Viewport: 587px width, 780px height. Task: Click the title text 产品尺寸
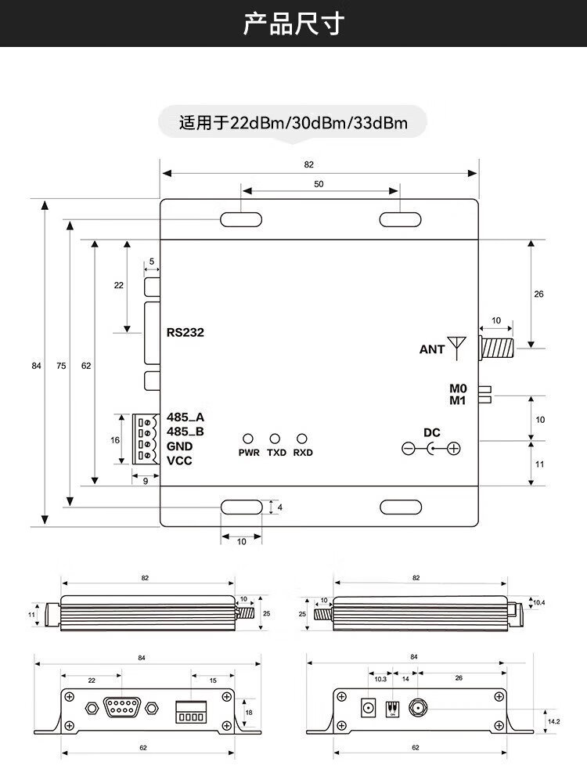[293, 23]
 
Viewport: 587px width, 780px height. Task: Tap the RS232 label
[185, 332]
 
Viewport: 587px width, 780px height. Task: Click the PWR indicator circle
[249, 439]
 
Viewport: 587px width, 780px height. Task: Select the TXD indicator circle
[275, 439]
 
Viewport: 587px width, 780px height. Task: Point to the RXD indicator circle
[302, 439]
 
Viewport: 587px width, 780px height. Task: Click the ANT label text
[431, 349]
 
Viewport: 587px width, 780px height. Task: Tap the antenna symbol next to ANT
[456, 345]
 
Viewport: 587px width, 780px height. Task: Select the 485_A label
[185, 417]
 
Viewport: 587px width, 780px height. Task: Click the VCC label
[179, 460]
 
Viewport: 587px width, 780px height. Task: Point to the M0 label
[458, 388]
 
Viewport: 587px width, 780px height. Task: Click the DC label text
[431, 432]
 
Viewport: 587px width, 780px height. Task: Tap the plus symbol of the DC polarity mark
[452, 449]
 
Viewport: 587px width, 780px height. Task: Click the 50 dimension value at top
[319, 184]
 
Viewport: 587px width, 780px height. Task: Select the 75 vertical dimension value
[62, 365]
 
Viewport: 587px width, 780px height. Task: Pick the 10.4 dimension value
[538, 601]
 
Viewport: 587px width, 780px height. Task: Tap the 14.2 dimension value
[553, 721]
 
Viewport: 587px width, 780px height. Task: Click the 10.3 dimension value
[380, 678]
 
